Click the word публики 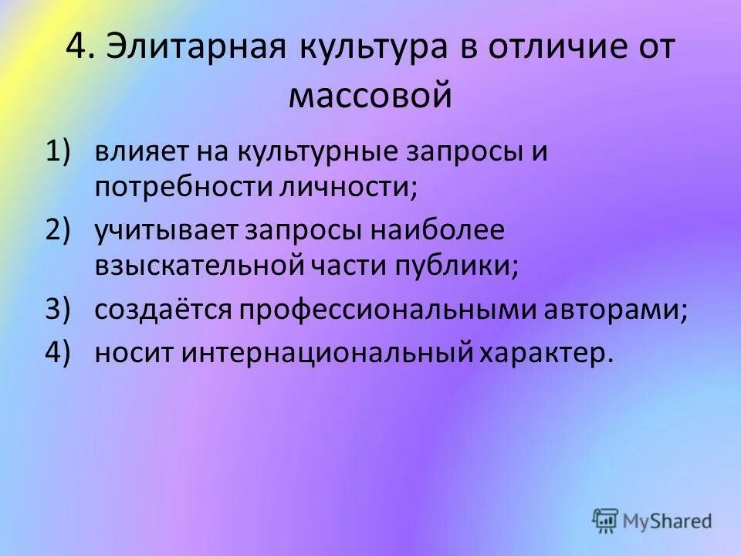pos(467,266)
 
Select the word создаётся pos(161,309)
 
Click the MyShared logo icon pos(605,520)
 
